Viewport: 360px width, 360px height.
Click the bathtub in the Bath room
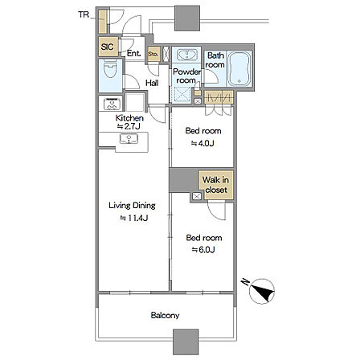click(x=239, y=69)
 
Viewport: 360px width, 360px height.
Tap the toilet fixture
click(x=110, y=69)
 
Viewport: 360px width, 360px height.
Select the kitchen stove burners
click(x=112, y=104)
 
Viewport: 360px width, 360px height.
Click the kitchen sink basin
click(x=129, y=139)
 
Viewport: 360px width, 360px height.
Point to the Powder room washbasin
click(x=186, y=55)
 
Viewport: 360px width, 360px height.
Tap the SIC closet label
click(x=107, y=47)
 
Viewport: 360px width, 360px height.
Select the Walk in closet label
click(x=215, y=185)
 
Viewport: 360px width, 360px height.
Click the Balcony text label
click(x=165, y=315)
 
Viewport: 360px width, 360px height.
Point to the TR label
click(x=84, y=14)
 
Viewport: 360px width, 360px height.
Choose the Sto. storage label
click(x=153, y=54)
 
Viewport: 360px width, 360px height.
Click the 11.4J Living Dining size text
click(x=133, y=218)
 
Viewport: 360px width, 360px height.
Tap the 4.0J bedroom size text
click(x=202, y=143)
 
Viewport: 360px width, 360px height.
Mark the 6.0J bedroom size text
click(x=203, y=250)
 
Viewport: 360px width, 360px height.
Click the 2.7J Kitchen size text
click(x=129, y=126)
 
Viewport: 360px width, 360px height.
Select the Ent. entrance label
click(x=133, y=53)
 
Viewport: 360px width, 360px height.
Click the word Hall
click(x=152, y=83)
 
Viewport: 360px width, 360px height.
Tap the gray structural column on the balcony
click(x=186, y=342)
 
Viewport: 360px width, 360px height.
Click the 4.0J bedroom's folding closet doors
click(x=218, y=111)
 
